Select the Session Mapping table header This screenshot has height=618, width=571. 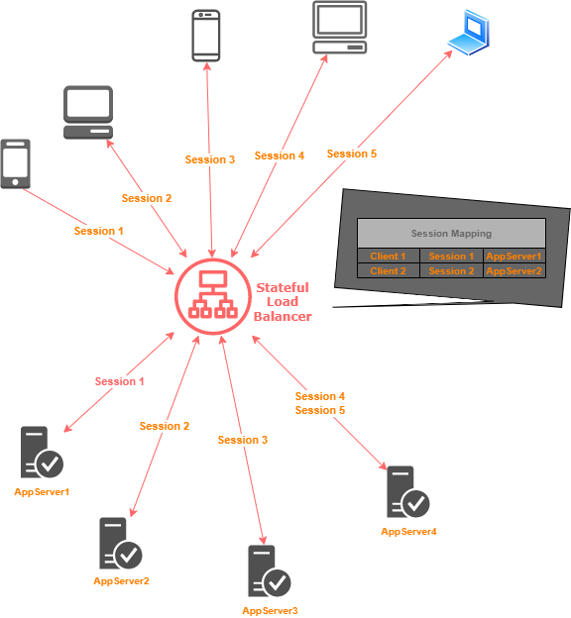coord(451,234)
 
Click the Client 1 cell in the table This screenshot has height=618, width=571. coord(388,257)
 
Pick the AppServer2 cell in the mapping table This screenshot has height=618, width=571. coord(514,271)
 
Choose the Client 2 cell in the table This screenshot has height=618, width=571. coord(388,271)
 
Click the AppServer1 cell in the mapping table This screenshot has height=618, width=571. coord(514,257)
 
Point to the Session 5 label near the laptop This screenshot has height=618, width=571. coord(351,154)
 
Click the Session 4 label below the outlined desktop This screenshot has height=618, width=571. coord(279,155)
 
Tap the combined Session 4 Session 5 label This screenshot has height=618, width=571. coord(319,403)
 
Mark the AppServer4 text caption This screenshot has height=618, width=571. coord(408,532)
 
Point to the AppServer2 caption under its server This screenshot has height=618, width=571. coord(121,581)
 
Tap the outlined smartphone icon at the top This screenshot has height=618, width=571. coord(205,35)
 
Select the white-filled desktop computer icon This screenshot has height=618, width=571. coord(88,112)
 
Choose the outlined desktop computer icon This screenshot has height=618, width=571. coord(340,27)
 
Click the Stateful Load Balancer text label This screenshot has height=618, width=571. coord(284,302)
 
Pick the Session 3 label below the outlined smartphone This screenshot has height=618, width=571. coord(209,159)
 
